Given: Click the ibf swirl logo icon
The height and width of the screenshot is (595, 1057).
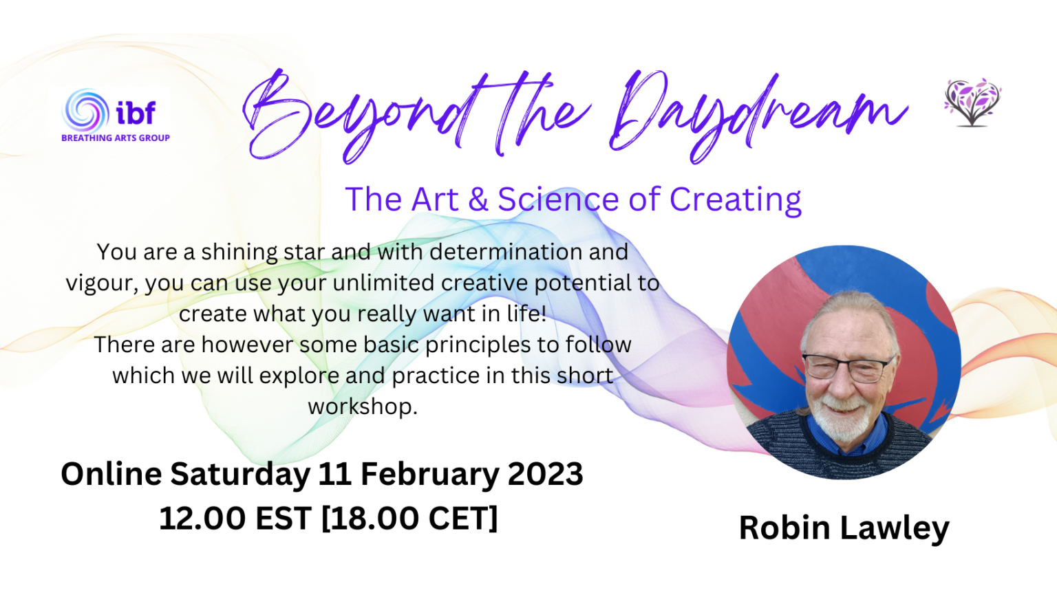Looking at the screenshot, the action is pos(85,111).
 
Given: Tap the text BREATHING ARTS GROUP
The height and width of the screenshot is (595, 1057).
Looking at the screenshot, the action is pos(116,138).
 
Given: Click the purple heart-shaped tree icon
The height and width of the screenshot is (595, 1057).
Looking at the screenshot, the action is pos(972,102).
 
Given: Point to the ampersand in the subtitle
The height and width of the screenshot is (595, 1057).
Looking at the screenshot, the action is pos(478,199).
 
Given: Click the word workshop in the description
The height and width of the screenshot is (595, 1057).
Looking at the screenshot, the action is pos(362,407).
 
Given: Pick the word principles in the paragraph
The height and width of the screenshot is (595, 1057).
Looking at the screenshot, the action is pos(478,345).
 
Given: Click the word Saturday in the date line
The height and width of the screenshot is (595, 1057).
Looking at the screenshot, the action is pos(240,474).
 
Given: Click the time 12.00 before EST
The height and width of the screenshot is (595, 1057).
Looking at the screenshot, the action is pos(202,518).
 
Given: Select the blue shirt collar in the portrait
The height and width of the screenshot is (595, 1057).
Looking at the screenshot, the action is pos(844,437).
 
